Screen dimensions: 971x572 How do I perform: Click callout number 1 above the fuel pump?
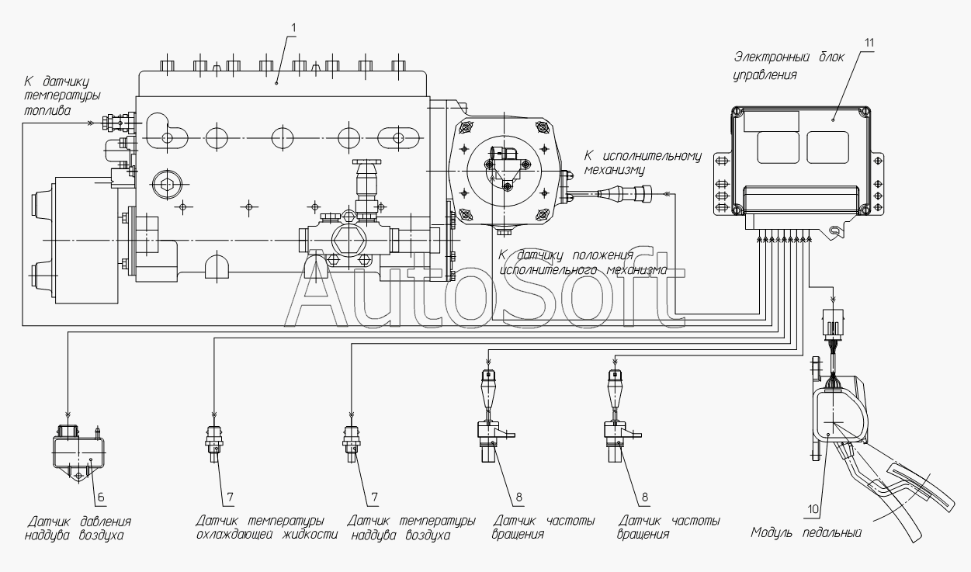pos(293,28)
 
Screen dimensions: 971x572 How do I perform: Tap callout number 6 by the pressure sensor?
pos(101,497)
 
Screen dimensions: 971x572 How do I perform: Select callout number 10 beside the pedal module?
pos(813,509)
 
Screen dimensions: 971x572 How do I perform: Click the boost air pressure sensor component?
pos(78,452)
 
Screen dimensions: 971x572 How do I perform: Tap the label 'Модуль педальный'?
pos(806,532)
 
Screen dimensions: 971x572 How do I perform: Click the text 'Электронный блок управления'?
pos(789,66)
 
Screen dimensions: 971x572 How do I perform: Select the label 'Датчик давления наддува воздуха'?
pos(78,529)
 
